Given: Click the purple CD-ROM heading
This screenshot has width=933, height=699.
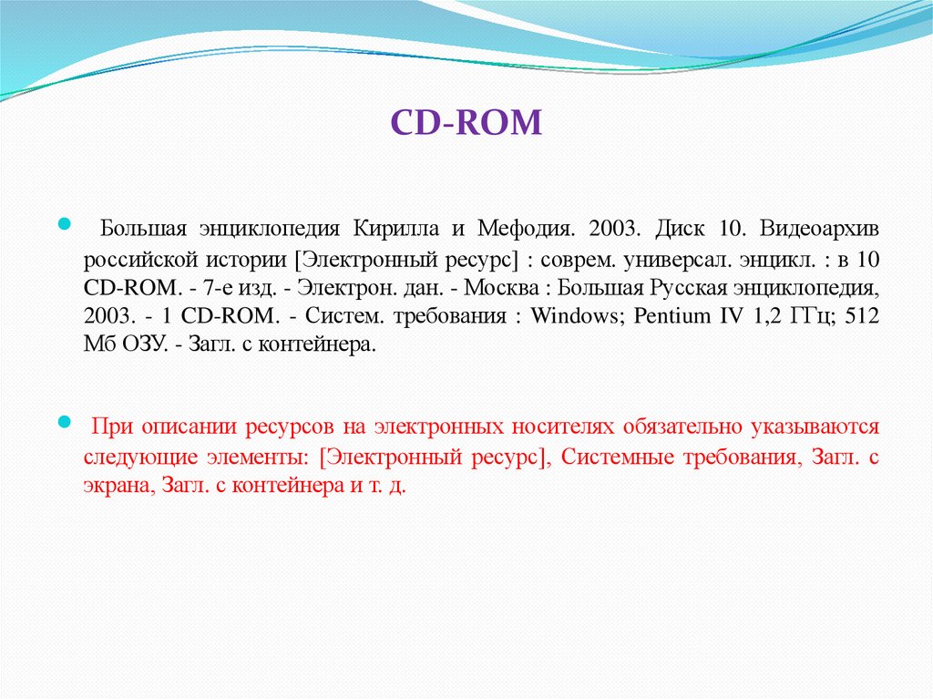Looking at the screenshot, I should [466, 122].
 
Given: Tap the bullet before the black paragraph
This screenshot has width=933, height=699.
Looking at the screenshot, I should [64, 223].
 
